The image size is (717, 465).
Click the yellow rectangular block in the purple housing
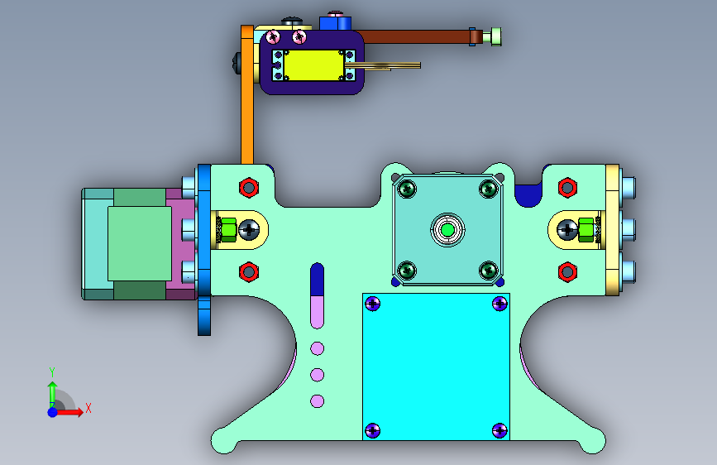click(x=313, y=65)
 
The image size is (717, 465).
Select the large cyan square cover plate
click(x=436, y=367)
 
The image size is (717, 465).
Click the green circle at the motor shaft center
click(x=447, y=230)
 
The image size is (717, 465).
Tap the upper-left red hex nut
click(x=249, y=188)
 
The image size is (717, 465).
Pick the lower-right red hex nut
click(x=567, y=272)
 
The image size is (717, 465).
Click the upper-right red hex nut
click(x=567, y=188)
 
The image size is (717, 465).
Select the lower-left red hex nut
click(x=249, y=272)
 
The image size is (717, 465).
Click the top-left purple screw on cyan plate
click(x=373, y=304)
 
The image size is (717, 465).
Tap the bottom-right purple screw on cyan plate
click(x=500, y=430)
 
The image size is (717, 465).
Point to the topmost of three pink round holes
click(x=318, y=349)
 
